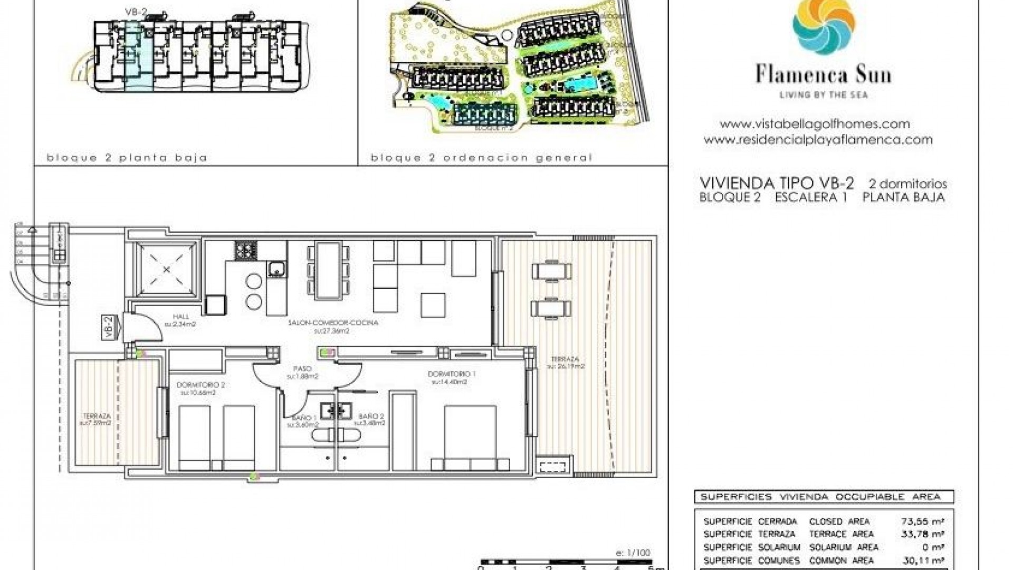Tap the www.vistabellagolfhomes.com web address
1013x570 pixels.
point(815,125)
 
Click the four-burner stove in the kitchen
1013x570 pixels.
point(246,250)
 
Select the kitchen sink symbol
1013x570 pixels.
point(276,270)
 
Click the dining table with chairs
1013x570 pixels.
point(328,270)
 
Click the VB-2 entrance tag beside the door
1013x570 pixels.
point(109,328)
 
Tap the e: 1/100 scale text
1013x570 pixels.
point(633,553)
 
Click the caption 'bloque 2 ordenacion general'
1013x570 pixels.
point(481,158)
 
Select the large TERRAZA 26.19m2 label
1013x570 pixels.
point(566,362)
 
